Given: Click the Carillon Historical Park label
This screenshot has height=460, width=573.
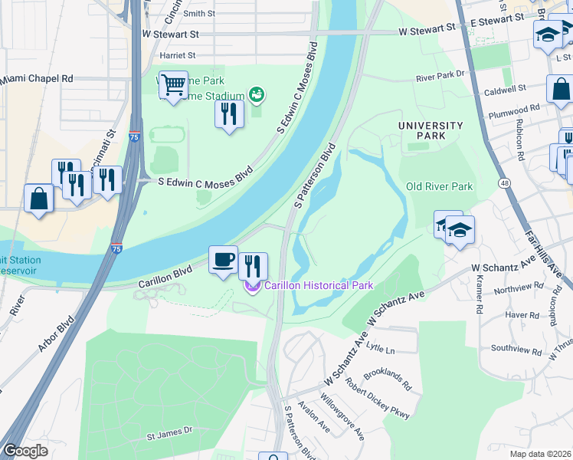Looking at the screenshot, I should click(319, 286).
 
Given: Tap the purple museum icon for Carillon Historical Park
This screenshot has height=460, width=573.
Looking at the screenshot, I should click(253, 287).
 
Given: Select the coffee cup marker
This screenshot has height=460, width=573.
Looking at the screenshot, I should click(224, 260).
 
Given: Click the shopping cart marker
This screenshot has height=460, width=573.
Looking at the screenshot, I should click(174, 84).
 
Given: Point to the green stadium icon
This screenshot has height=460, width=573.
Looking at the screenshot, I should click(257, 95).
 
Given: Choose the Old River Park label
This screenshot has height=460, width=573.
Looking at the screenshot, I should click(439, 186).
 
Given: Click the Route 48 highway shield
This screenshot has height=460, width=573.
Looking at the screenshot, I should click(503, 183).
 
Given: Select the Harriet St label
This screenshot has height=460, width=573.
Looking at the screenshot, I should click(177, 55).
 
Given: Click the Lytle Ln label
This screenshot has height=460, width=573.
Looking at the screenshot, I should click(381, 349).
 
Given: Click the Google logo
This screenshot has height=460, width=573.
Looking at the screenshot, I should click(25, 451).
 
